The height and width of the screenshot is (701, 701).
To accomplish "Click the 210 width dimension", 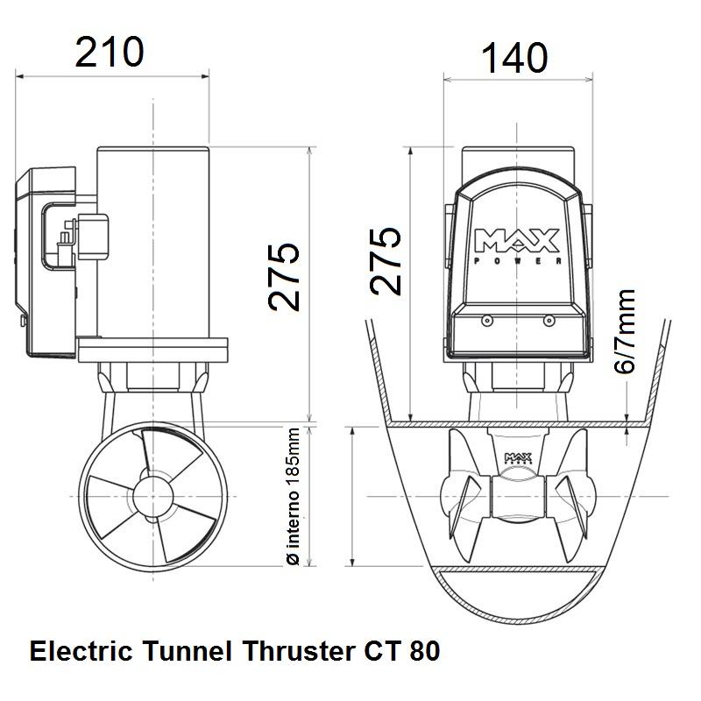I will coord(110,53).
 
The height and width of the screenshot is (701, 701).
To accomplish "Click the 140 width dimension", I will coord(514,59).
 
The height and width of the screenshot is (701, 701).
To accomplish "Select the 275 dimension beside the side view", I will coord(285,277).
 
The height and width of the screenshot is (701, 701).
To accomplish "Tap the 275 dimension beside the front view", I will coord(386,261).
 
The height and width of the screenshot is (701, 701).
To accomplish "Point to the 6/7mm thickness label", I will coord(624,333).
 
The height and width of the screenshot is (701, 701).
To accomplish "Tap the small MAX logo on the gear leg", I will coord(515,458).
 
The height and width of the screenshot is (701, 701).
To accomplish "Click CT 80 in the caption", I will coord(400,653).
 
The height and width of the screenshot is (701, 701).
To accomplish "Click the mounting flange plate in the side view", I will coord(153,351).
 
